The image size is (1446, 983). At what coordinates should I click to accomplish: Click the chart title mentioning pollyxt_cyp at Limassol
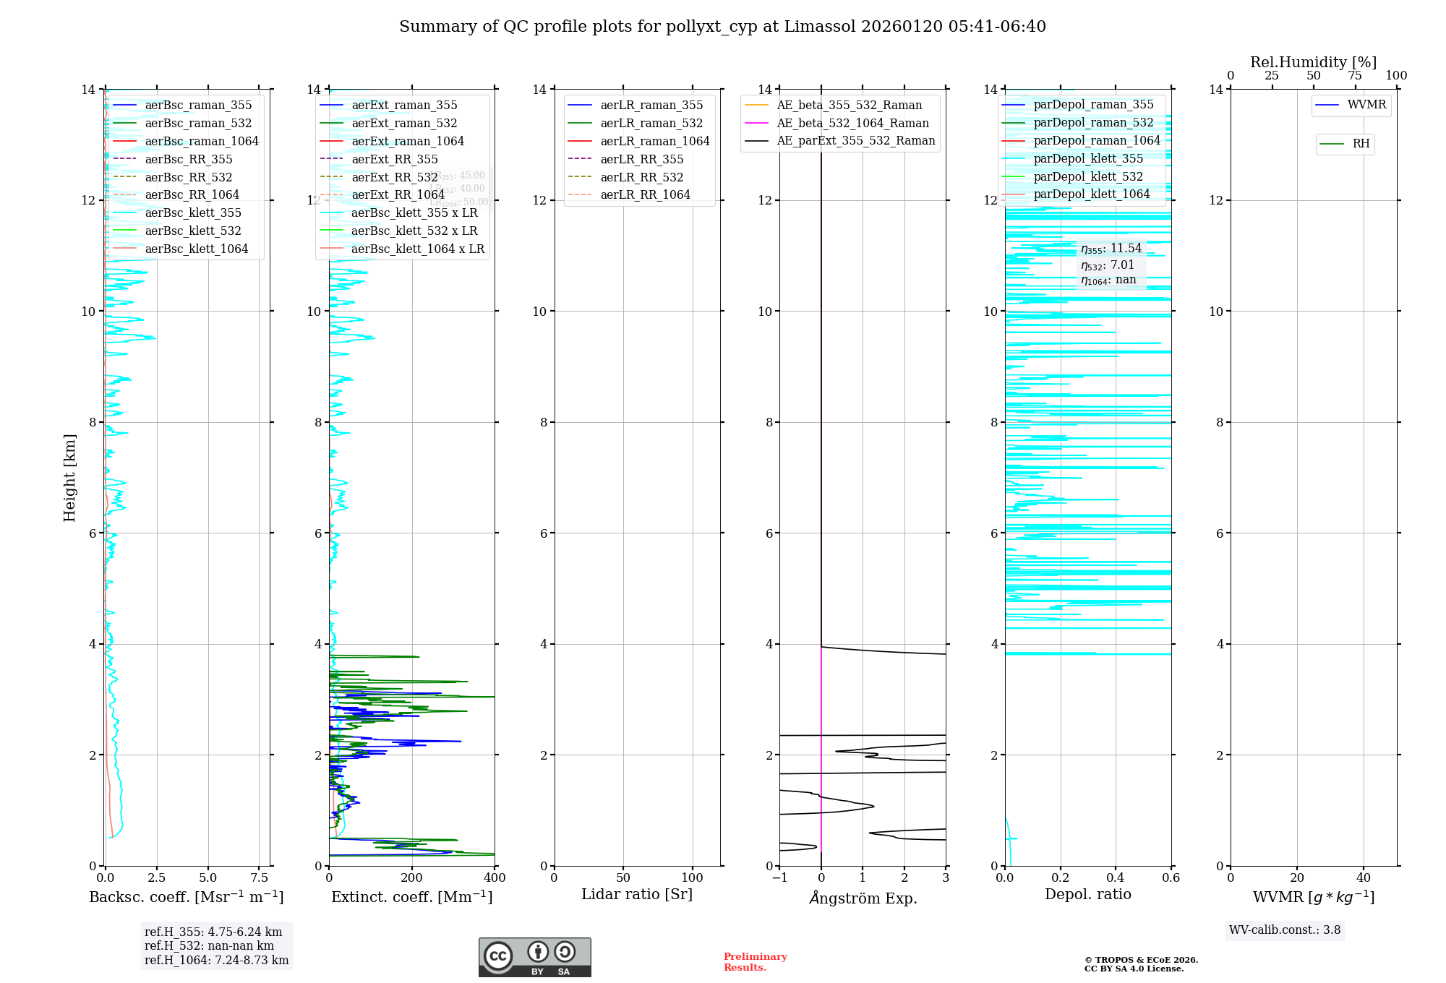[x=722, y=27]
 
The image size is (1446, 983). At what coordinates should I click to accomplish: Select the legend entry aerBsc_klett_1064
[x=196, y=249]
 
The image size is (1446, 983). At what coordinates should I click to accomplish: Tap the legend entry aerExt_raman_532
[x=404, y=123]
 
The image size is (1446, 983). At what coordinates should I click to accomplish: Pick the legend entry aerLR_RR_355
[x=641, y=159]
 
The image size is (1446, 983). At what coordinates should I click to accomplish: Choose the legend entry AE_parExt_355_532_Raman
[x=855, y=141]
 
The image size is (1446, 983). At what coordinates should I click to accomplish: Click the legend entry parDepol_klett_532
[x=1088, y=176]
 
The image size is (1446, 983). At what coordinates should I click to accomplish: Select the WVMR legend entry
[x=1366, y=105]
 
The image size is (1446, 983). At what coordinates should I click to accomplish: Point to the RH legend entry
[x=1361, y=144]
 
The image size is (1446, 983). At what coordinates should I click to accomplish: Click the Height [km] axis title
[x=69, y=477]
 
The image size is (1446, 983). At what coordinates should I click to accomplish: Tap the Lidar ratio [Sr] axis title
[x=637, y=894]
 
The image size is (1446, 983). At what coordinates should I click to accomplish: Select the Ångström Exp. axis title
[x=863, y=898]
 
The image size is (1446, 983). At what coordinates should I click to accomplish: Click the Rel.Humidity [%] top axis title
[x=1313, y=62]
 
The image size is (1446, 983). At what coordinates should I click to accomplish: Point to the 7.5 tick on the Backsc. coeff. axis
[x=259, y=878]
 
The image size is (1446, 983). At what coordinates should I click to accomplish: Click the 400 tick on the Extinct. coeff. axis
[x=495, y=878]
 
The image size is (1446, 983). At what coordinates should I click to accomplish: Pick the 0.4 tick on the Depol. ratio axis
[x=1116, y=878]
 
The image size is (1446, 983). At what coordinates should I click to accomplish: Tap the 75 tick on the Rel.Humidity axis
[x=1355, y=76]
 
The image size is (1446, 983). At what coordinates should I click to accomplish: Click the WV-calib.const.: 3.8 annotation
[x=1284, y=930]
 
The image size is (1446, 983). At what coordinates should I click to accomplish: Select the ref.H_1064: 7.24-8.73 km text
[x=216, y=961]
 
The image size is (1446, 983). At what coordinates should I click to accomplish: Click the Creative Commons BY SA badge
[x=534, y=957]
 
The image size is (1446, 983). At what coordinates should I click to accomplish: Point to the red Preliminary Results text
[x=755, y=962]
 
